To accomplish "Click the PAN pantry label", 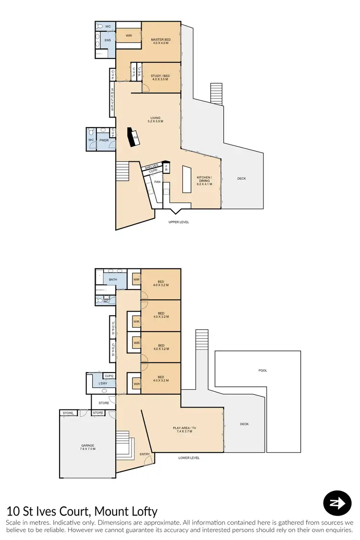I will point(157,182).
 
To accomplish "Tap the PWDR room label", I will point(104,140).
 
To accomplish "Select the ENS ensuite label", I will point(108,40).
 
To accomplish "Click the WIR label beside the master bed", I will point(129,36).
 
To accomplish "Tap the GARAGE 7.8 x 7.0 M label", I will point(88,447).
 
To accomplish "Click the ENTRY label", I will point(144,454).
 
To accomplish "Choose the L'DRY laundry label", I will point(103,384).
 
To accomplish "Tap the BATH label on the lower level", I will point(113,279).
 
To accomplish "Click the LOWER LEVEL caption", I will point(189,458).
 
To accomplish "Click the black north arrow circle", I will point(338,503).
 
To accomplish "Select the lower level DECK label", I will point(244,424).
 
